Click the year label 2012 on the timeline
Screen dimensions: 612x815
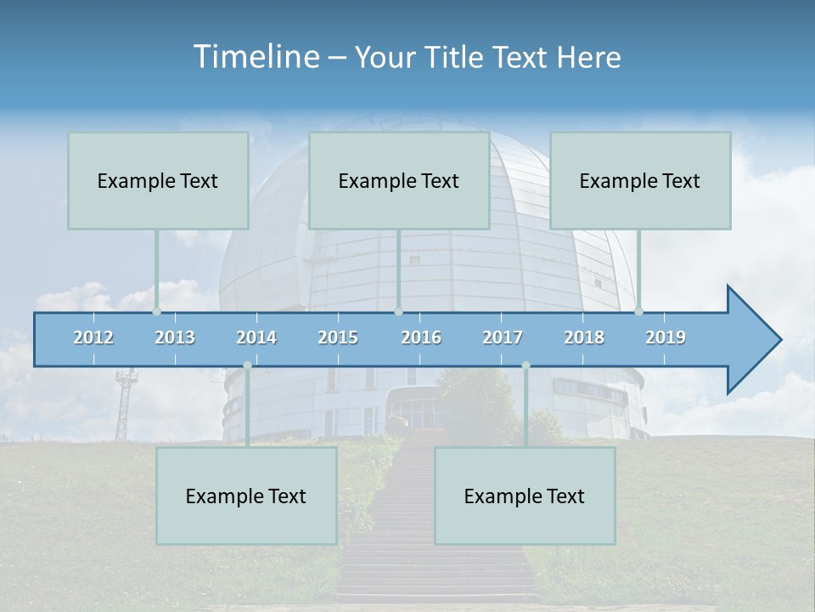coord(93,337)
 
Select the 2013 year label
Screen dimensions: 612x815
coord(175,337)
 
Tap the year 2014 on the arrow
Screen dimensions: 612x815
coord(256,337)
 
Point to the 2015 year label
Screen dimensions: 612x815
coord(338,337)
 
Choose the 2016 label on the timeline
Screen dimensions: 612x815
coord(421,337)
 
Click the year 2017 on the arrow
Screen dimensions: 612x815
coord(503,337)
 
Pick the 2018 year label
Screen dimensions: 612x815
coord(584,337)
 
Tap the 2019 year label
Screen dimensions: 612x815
coord(666,337)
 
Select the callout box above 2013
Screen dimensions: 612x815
coord(158,180)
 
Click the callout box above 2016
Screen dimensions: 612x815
coord(399,180)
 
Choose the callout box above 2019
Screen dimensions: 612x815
coord(640,180)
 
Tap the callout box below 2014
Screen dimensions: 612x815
coord(246,496)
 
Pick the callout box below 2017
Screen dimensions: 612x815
coord(525,496)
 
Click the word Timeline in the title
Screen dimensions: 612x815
coord(255,57)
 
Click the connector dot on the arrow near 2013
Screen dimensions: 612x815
coord(156,311)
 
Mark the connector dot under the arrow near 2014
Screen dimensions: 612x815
coord(247,365)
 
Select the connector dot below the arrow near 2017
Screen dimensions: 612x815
coord(526,365)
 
